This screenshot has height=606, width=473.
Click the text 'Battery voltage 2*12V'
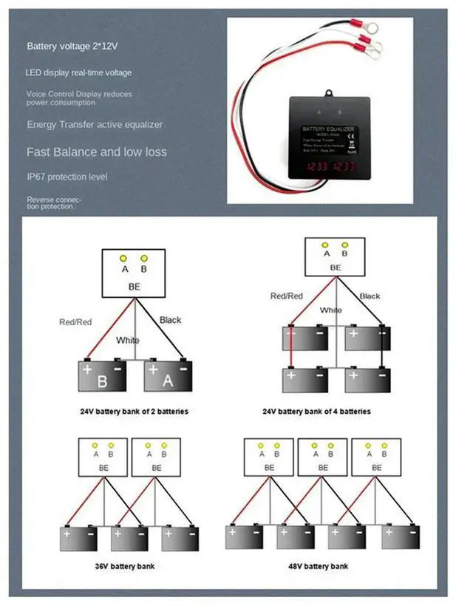(72, 47)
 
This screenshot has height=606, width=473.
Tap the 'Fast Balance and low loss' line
(97, 152)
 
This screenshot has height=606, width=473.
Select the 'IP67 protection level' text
(67, 177)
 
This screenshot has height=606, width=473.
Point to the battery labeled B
(102, 376)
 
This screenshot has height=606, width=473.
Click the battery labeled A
(169, 376)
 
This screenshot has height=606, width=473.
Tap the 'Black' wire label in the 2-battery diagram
(170, 320)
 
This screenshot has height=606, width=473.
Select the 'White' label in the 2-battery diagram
(126, 341)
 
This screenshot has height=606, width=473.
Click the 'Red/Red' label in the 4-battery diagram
(287, 296)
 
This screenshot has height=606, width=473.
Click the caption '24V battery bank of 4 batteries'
(316, 411)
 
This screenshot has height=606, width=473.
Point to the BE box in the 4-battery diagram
(335, 256)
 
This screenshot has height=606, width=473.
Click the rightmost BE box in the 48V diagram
(376, 457)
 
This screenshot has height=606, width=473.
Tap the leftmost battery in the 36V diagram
(78, 537)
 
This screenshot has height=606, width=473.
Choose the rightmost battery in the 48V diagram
(401, 537)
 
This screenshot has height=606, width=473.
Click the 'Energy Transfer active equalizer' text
(95, 125)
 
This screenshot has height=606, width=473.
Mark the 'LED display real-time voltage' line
(79, 73)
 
